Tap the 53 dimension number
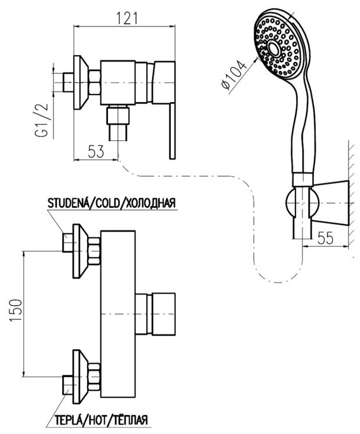click(x=97, y=152)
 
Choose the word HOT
click(x=92, y=419)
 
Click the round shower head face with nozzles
click(x=278, y=46)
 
